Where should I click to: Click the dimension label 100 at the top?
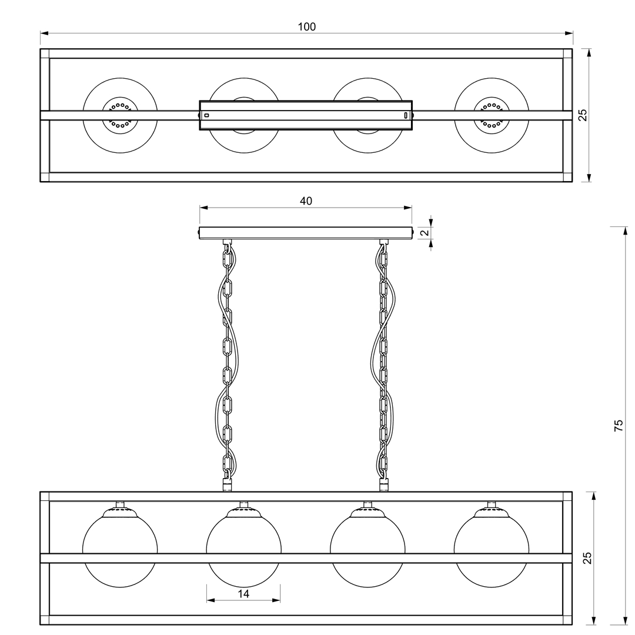point(306,26)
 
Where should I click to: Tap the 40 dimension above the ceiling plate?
point(306,201)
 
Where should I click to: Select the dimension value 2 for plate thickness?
point(425,233)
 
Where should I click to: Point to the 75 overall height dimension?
point(619,425)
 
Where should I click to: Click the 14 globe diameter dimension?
point(243,594)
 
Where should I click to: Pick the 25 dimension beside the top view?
point(582,115)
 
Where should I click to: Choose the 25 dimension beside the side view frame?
point(587,558)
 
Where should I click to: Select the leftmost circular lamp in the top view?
point(120,115)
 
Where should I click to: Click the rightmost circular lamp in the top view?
point(491,115)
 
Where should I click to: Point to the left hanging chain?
point(228,365)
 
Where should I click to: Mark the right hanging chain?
point(383,365)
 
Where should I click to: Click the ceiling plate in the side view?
point(306,233)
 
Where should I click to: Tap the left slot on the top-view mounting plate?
point(206,115)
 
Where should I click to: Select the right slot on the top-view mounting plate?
point(405,115)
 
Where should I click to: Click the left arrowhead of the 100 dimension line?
point(44,33)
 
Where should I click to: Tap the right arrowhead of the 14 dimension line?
point(276,600)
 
